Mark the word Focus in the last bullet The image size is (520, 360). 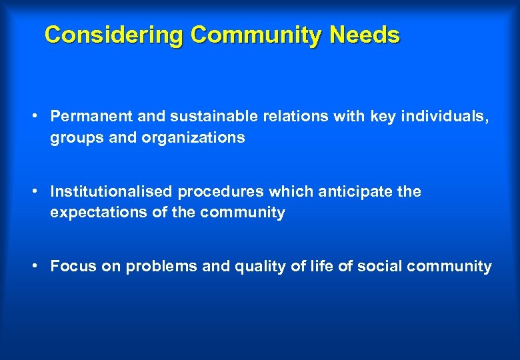coord(71,267)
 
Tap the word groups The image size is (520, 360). coord(73,138)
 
